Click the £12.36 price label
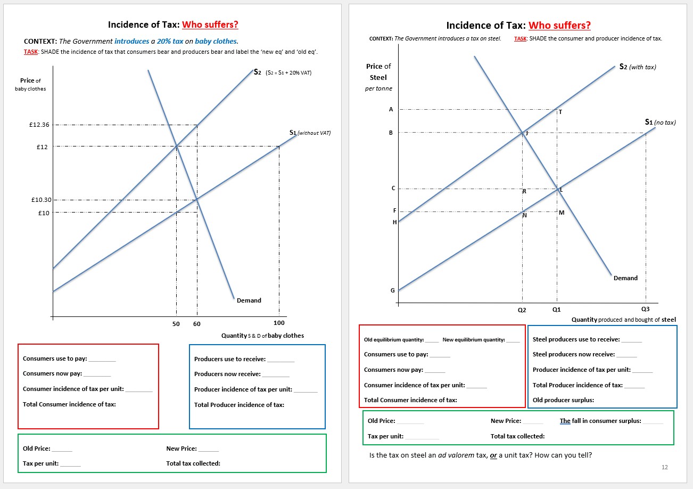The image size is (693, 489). pos(39,125)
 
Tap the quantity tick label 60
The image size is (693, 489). pos(197,323)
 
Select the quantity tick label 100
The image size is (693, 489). pos(279,323)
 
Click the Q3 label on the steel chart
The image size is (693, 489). pos(646,309)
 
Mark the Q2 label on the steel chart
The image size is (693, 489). pos(522,309)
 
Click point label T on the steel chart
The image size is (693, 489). pos(560,112)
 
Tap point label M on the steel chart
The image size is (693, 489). pos(562,213)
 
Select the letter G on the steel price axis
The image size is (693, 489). pos(393,290)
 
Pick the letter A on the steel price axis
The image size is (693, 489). pos(391,109)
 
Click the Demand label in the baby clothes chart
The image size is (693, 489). pos(249,300)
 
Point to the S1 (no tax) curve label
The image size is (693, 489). pos(660,122)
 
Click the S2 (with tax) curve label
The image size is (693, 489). pos(638,67)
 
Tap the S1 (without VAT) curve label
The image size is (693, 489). pos(310,133)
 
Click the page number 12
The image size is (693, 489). pos(664,467)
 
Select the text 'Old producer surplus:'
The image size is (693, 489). pos(563,400)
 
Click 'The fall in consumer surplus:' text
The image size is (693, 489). pos(600,421)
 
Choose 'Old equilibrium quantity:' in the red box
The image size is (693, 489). pos(394,340)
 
